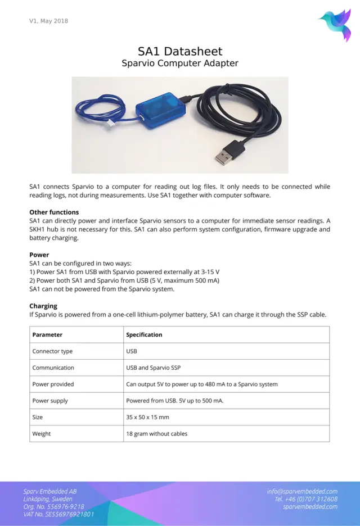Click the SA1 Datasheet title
[180, 51]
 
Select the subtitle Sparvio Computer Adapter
[180, 63]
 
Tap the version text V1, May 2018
[49, 21]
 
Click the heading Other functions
[54, 212]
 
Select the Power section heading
[39, 255]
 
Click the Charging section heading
[43, 306]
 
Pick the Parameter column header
[47, 335]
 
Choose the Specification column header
[144, 335]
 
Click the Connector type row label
[52, 351]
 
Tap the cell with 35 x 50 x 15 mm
[147, 418]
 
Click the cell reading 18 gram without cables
[157, 434]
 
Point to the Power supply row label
[50, 401]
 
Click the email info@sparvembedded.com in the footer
[302, 491]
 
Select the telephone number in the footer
[306, 499]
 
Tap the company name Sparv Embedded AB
[50, 491]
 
